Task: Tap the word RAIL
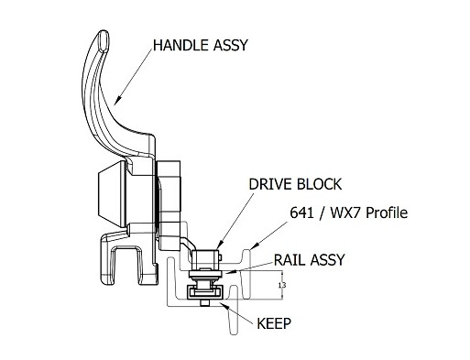pyautogui.click(x=290, y=259)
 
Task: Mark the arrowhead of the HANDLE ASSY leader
pyautogui.click(x=116, y=100)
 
